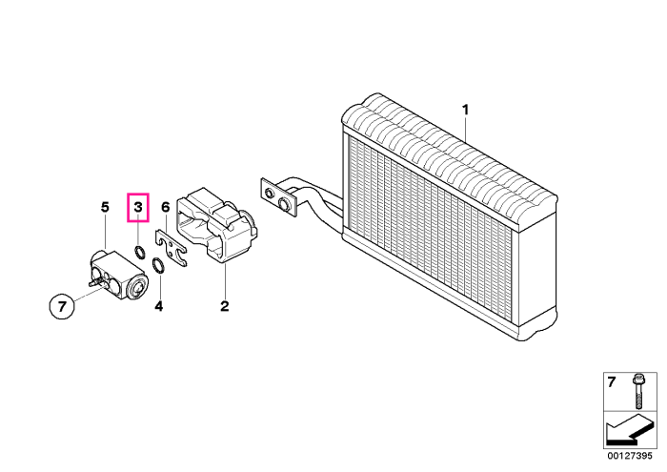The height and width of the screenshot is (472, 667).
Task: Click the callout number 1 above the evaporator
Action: coord(465,110)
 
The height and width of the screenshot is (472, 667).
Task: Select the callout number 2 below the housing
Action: coord(225,306)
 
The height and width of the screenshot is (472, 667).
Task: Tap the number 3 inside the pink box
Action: coord(138,207)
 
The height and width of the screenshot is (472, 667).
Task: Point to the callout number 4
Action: coord(159,306)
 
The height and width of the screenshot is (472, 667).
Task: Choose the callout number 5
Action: coord(105,207)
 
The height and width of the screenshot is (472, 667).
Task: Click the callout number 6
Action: coord(166,207)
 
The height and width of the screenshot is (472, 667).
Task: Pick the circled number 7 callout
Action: coord(62,306)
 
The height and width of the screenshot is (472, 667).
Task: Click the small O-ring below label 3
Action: coord(139,253)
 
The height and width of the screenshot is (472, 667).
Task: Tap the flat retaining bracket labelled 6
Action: coord(171,248)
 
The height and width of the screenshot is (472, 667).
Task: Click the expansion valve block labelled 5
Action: coord(119,275)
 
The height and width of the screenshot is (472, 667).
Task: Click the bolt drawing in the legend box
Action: coord(637,392)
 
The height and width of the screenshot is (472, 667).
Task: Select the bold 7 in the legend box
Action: coord(612,382)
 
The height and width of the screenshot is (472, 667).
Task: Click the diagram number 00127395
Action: coord(630,456)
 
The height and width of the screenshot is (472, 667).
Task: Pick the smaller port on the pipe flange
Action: coord(270,194)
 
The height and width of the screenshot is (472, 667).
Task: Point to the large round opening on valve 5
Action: coord(139,288)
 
